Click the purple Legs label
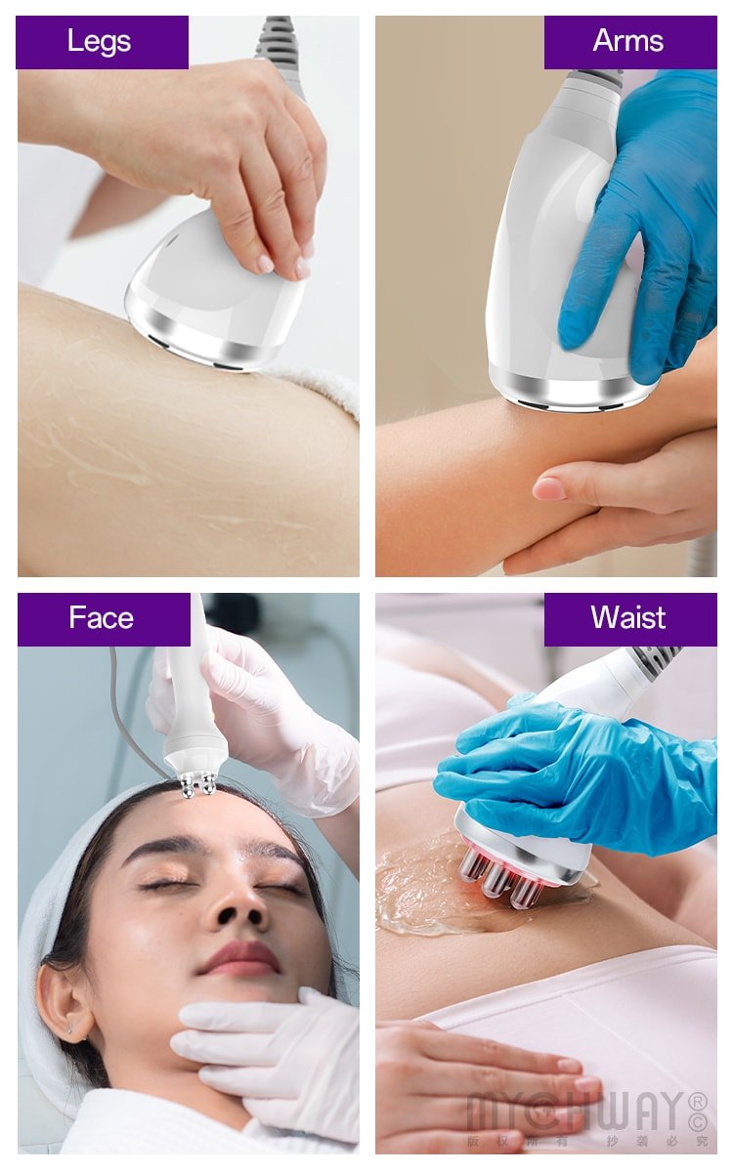(x=102, y=42)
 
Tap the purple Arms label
(x=629, y=42)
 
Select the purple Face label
(x=103, y=618)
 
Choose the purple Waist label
(x=629, y=618)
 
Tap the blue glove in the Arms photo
(x=645, y=225)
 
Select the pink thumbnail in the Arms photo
(x=549, y=488)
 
